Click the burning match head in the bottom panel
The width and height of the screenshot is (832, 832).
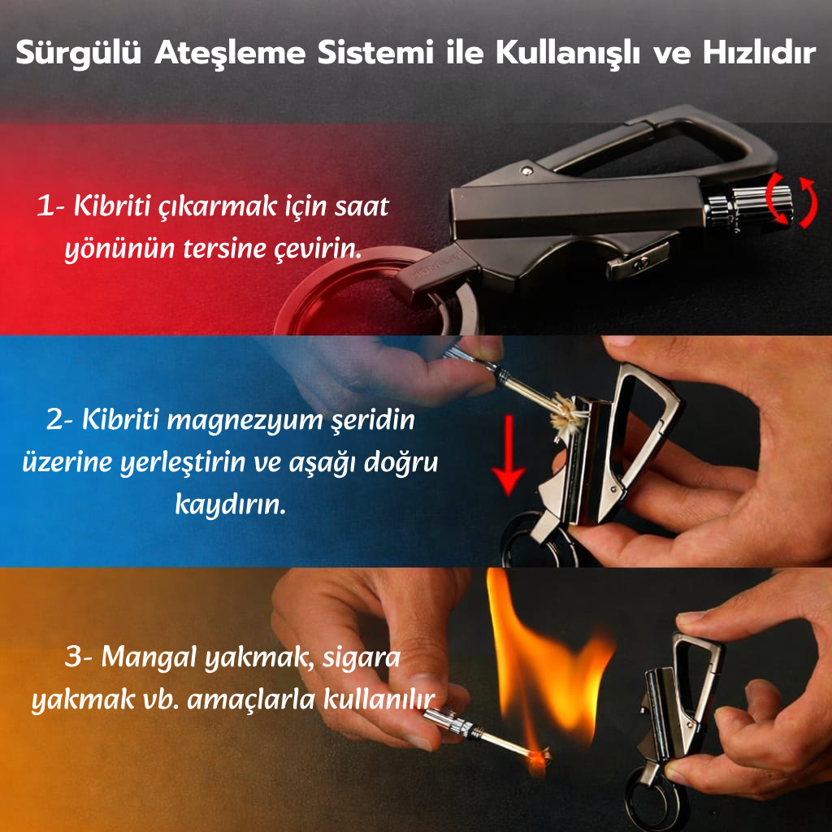click(x=537, y=757)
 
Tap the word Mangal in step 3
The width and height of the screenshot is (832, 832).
click(x=153, y=657)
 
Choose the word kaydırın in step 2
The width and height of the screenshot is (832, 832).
click(x=230, y=505)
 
